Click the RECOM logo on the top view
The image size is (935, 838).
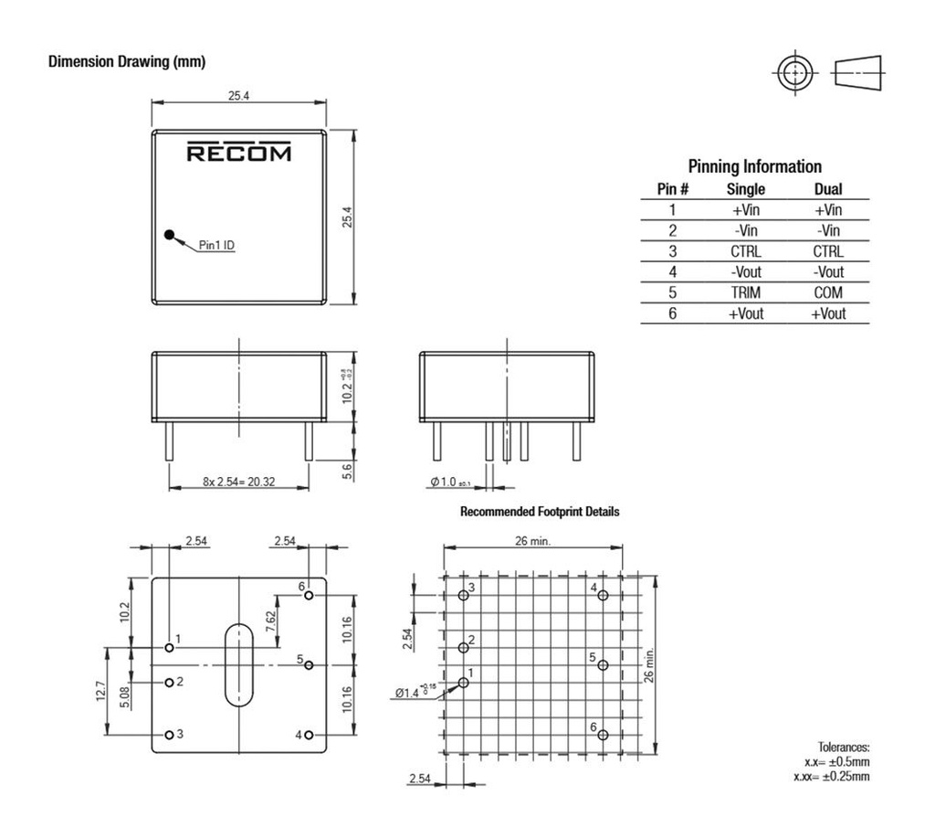click(239, 153)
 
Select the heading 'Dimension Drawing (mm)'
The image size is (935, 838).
click(127, 62)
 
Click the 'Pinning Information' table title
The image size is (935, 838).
click(754, 166)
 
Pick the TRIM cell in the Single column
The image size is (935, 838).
click(745, 293)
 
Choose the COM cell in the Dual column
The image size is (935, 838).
click(827, 293)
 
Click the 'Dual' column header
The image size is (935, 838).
click(827, 190)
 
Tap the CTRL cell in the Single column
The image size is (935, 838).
click(745, 251)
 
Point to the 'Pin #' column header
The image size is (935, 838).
click(672, 190)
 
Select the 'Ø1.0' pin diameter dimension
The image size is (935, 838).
click(449, 482)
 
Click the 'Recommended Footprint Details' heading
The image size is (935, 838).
click(540, 512)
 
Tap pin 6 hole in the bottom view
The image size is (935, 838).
click(310, 596)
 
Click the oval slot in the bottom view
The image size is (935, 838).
click(238, 664)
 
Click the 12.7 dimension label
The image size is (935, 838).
click(101, 690)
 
